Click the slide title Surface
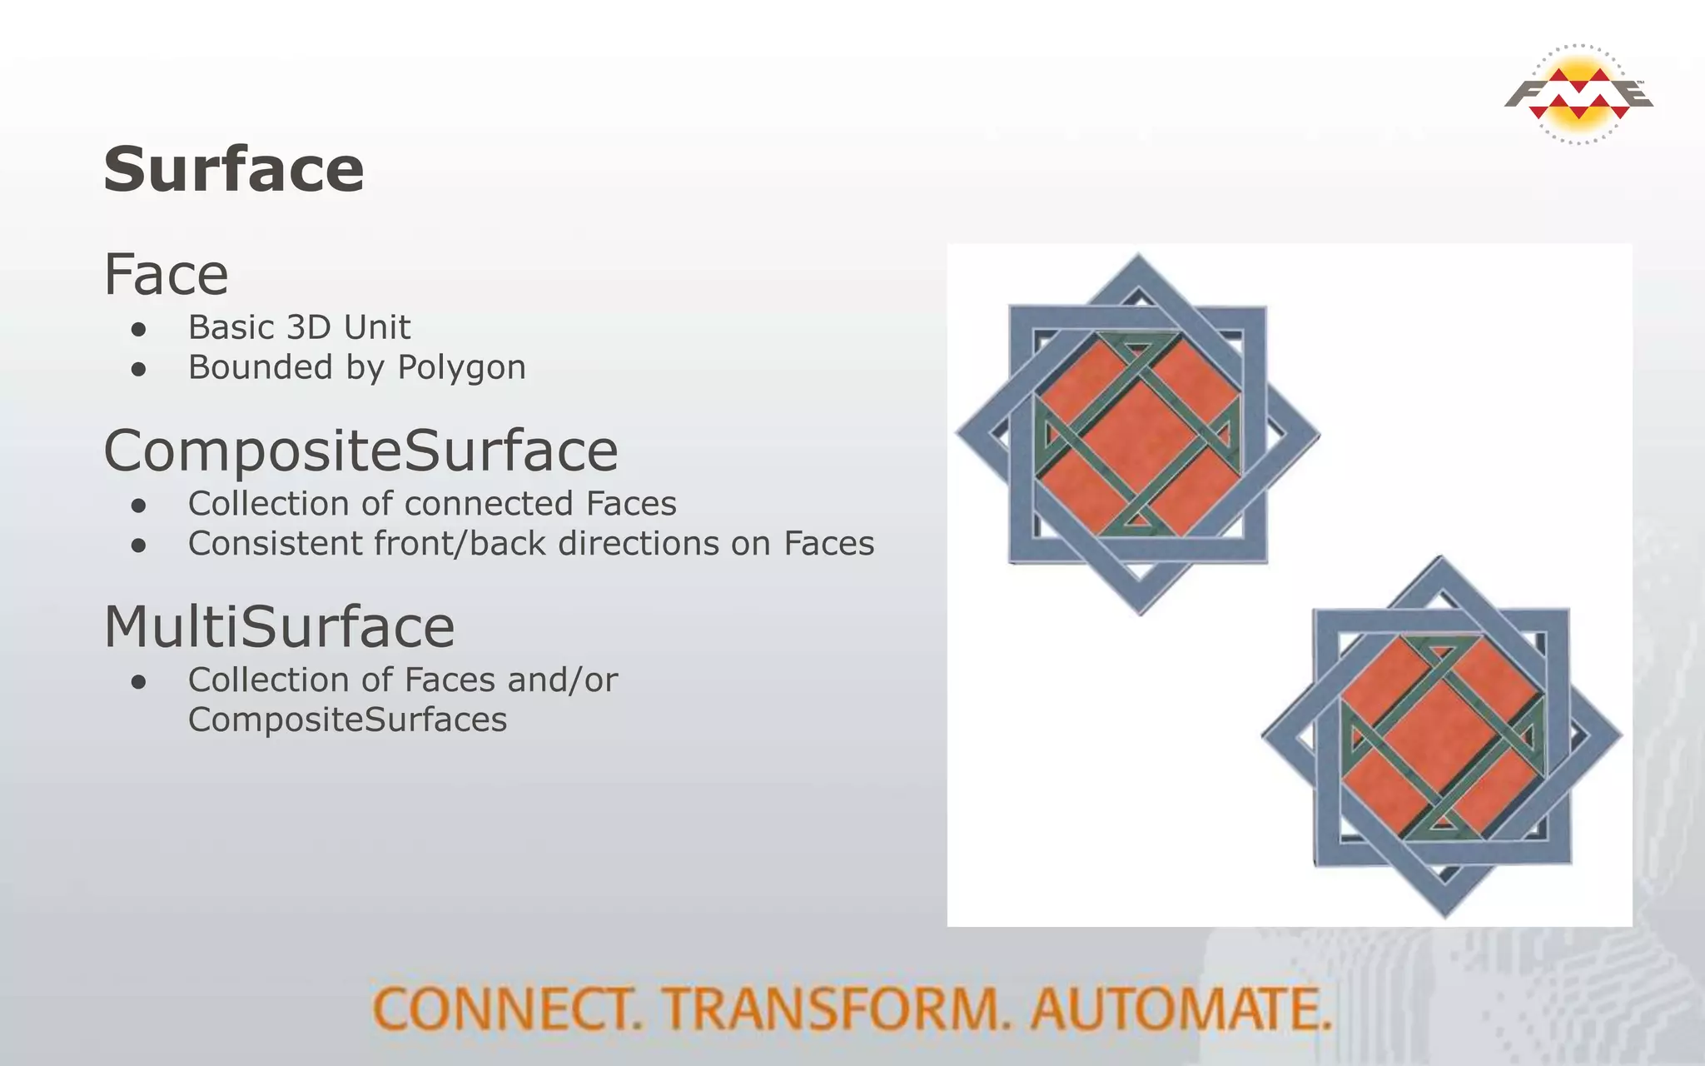tap(234, 170)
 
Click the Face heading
tap(166, 275)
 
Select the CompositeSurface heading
tap(360, 451)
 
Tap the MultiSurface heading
tap(279, 627)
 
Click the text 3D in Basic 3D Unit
tap(309, 327)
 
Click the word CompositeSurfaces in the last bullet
tap(347, 720)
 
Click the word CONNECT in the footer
tap(507, 1009)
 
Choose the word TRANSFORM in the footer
tap(837, 1009)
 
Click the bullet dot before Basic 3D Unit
tap(139, 329)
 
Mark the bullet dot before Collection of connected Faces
tap(139, 506)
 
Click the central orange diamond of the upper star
tap(1139, 434)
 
